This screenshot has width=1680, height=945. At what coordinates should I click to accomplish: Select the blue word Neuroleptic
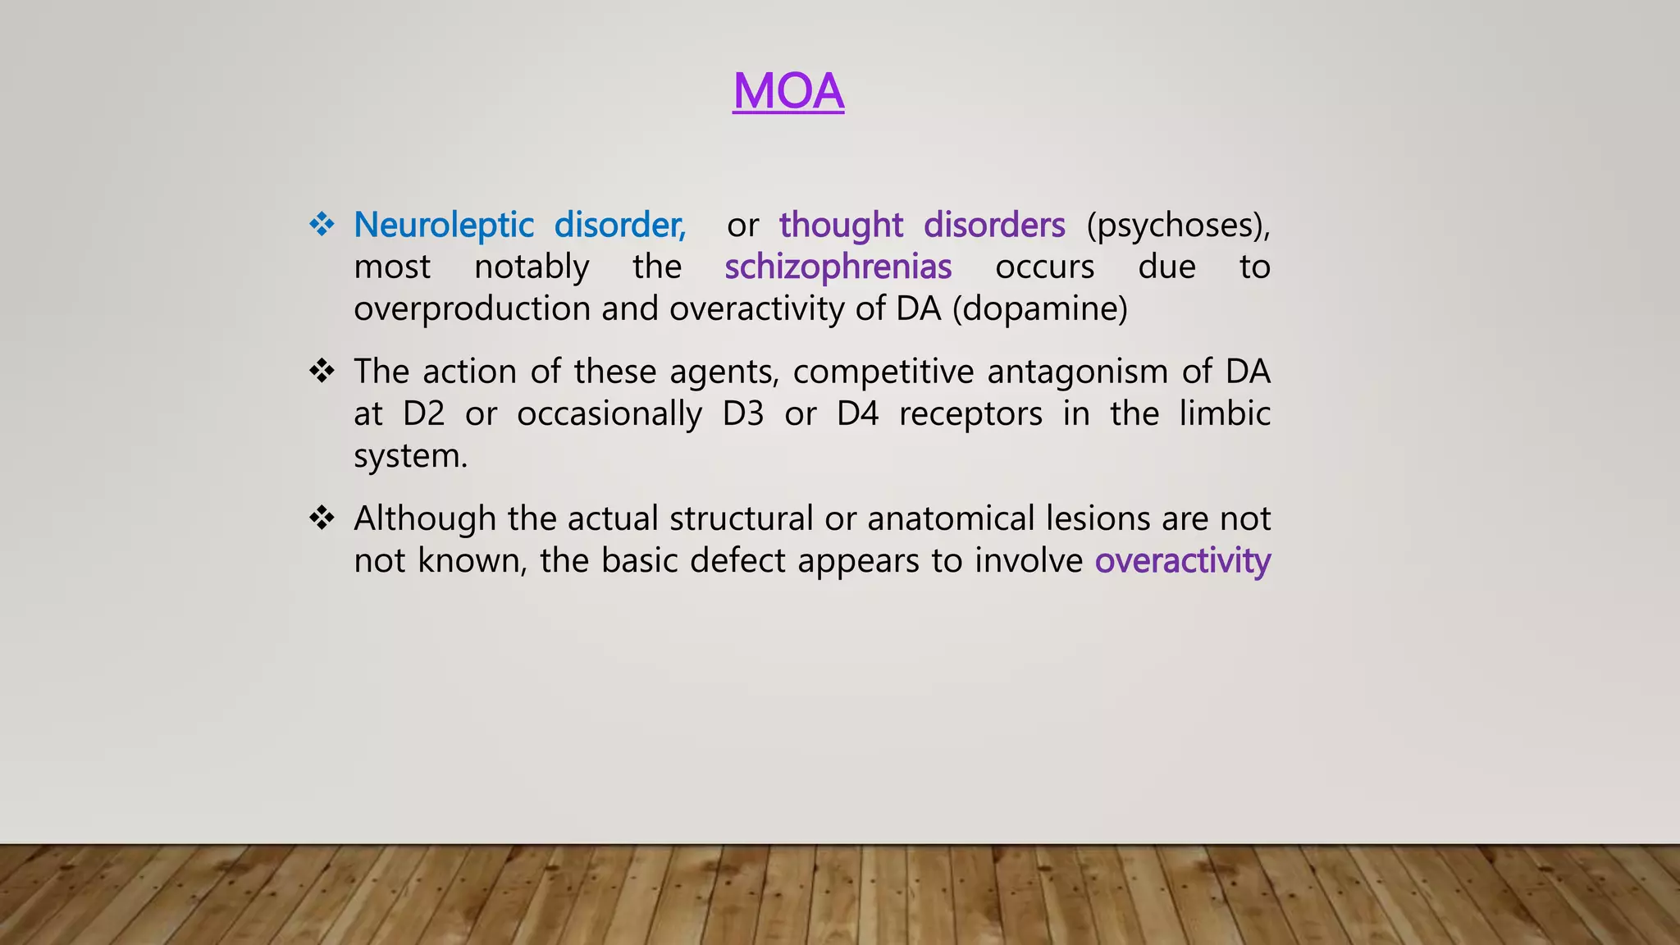coord(444,225)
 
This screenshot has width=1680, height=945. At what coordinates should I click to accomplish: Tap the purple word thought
coord(841,225)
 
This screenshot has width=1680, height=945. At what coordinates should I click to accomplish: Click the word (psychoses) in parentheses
coord(1178,225)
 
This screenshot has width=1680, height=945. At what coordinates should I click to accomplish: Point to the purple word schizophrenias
coord(838,267)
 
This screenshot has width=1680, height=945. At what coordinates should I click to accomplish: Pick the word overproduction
coord(468,308)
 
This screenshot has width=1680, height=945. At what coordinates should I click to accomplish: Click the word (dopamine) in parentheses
coord(1040,308)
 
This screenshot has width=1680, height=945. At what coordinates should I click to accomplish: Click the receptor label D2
coord(423,413)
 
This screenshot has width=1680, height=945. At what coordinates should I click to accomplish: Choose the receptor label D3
coord(742,413)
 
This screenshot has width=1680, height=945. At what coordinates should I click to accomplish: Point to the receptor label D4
coord(857,413)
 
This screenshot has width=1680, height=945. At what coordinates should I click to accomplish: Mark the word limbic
coord(1225,413)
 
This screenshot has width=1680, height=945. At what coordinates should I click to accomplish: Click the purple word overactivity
coord(1182,561)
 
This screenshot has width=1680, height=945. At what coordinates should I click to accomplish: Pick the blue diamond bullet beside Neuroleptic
coord(322,224)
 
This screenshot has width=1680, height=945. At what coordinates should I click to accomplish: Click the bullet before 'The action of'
coord(322,371)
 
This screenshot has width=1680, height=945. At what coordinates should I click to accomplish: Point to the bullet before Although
coord(322,518)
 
